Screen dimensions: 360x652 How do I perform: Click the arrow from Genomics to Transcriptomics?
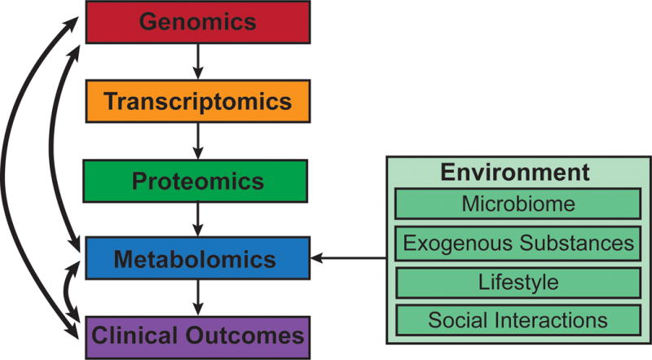196,61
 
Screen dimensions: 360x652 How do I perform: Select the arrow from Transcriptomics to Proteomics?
196,140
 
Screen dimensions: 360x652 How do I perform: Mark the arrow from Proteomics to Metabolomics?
196,220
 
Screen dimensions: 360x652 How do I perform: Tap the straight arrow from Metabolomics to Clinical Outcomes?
196,297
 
